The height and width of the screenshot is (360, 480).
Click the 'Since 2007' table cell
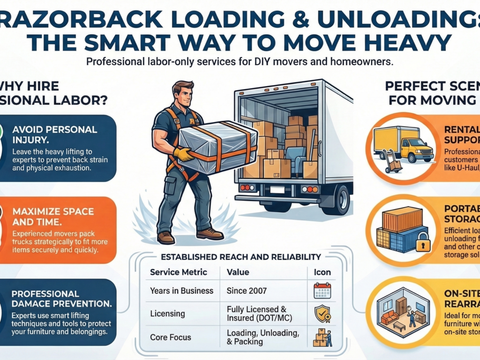pyautogui.click(x=247, y=291)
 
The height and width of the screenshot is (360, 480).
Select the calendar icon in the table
pyautogui.click(x=322, y=291)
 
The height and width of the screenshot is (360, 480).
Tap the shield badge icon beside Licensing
pyautogui.click(x=322, y=315)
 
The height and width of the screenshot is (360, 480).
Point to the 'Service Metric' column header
pyautogui.click(x=178, y=272)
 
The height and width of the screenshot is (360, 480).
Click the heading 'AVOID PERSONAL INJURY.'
pyautogui.click(x=54, y=134)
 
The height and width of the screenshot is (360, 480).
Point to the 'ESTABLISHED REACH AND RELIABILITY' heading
pyautogui.click(x=241, y=257)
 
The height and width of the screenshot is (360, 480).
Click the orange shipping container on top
pyautogui.click(x=403, y=219)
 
